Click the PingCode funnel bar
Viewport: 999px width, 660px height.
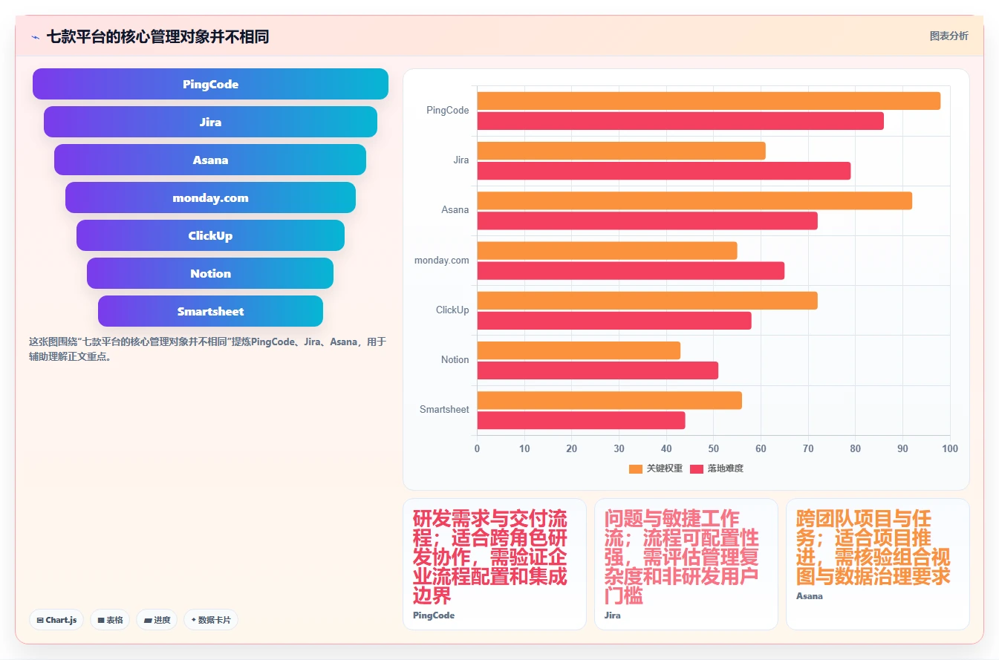(210, 84)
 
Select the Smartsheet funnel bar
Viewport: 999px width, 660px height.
(210, 311)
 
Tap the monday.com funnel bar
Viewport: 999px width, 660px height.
(210, 197)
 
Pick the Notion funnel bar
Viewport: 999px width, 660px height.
(210, 273)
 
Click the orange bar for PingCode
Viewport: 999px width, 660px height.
(709, 101)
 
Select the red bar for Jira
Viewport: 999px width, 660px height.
(663, 171)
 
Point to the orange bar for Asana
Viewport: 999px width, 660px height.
(694, 200)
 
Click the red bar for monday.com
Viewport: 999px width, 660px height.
(631, 270)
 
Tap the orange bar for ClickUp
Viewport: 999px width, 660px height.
(647, 301)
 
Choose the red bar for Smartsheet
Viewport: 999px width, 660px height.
(581, 420)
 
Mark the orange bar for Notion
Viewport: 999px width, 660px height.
(579, 350)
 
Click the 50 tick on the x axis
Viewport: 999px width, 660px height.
(714, 448)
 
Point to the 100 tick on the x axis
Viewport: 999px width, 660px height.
(949, 448)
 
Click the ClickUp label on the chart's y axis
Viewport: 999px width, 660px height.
(452, 310)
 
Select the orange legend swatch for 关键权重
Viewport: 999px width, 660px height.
(636, 468)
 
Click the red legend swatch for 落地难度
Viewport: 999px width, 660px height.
(697, 468)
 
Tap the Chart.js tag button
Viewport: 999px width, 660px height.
(56, 619)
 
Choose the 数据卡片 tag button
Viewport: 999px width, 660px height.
(210, 619)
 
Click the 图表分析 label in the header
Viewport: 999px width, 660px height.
(948, 36)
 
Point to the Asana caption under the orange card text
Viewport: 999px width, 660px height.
(810, 596)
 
